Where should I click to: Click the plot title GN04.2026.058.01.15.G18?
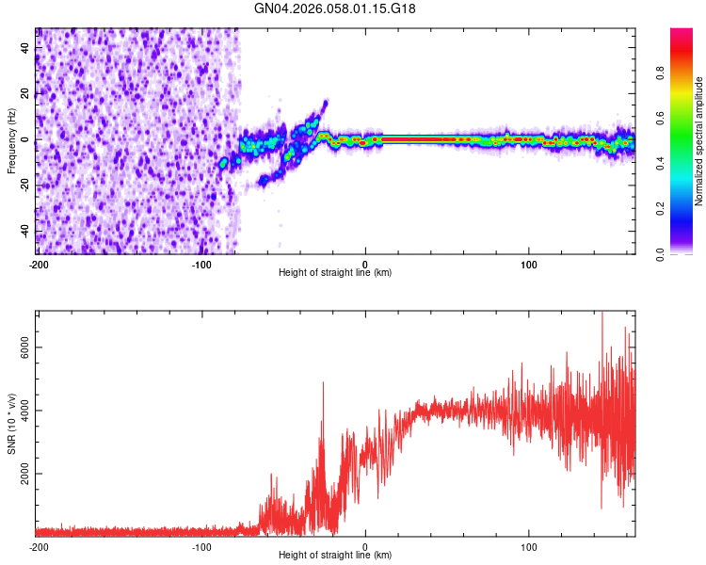click(x=335, y=8)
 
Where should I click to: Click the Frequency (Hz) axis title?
click(x=11, y=141)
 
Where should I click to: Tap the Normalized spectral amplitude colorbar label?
click(x=699, y=141)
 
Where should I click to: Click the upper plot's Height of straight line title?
click(x=335, y=272)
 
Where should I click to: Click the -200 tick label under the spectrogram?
click(x=38, y=264)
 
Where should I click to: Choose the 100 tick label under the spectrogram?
click(x=529, y=264)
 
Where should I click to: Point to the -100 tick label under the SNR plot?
click(x=201, y=545)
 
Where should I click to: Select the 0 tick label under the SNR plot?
click(x=365, y=545)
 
